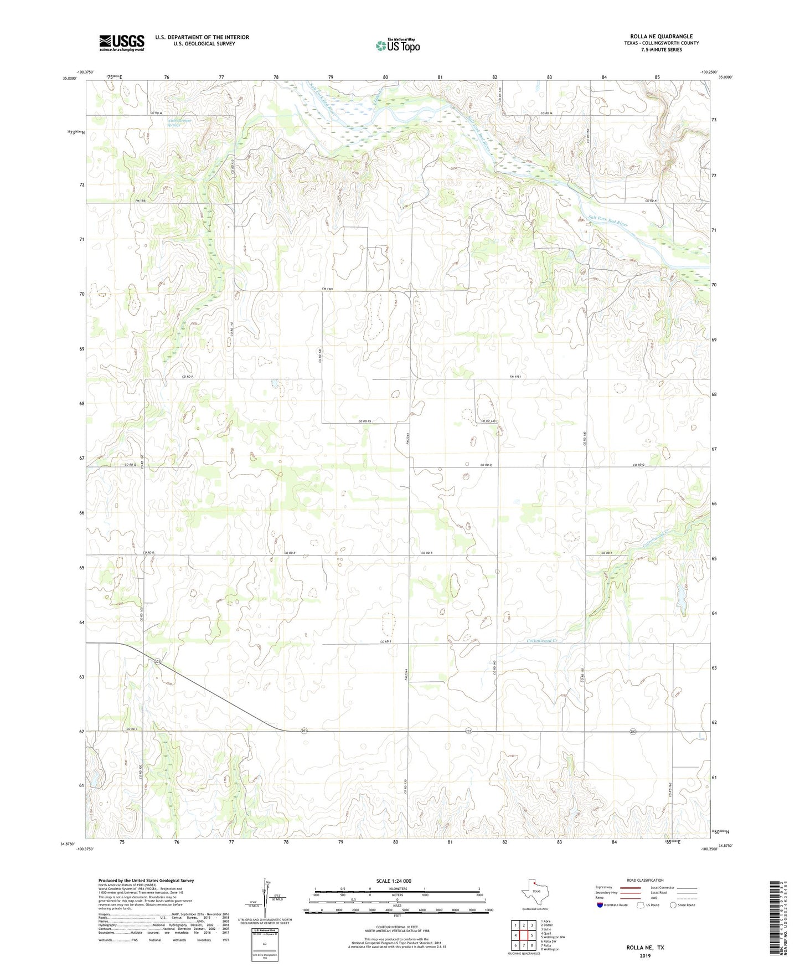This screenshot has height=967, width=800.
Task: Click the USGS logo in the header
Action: pos(121,43)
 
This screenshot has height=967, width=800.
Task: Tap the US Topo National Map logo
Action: pos(397,45)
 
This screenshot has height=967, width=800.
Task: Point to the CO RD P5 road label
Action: pos(364,421)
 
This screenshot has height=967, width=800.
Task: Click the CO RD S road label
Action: pos(386,641)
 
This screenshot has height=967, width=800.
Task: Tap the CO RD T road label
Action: pos(131,728)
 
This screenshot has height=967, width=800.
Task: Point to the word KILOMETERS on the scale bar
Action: pos(396,888)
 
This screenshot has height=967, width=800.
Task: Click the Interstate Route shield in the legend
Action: pos(600,905)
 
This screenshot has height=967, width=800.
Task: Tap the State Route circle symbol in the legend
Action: pos(673,905)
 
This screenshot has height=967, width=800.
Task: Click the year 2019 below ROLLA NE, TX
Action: pos(645,955)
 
